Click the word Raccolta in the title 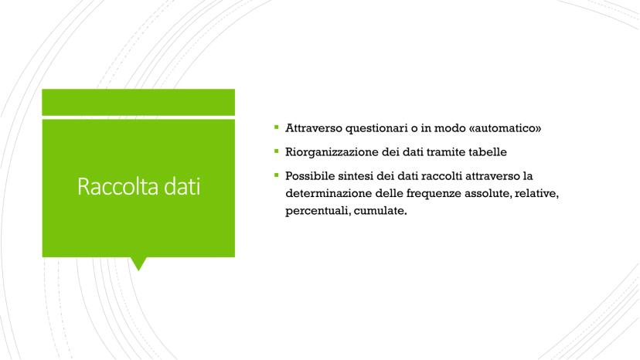(x=118, y=186)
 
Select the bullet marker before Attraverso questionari (x=276, y=127)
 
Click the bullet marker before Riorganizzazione (x=276, y=151)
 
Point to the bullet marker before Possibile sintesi (x=276, y=175)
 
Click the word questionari (x=376, y=128)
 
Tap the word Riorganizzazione (x=332, y=152)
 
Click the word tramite (x=445, y=152)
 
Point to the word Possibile (x=310, y=176)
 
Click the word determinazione (x=329, y=193)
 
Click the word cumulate (x=380, y=211)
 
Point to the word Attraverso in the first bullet (x=314, y=128)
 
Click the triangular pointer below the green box (x=138, y=263)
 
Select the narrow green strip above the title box (x=138, y=102)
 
